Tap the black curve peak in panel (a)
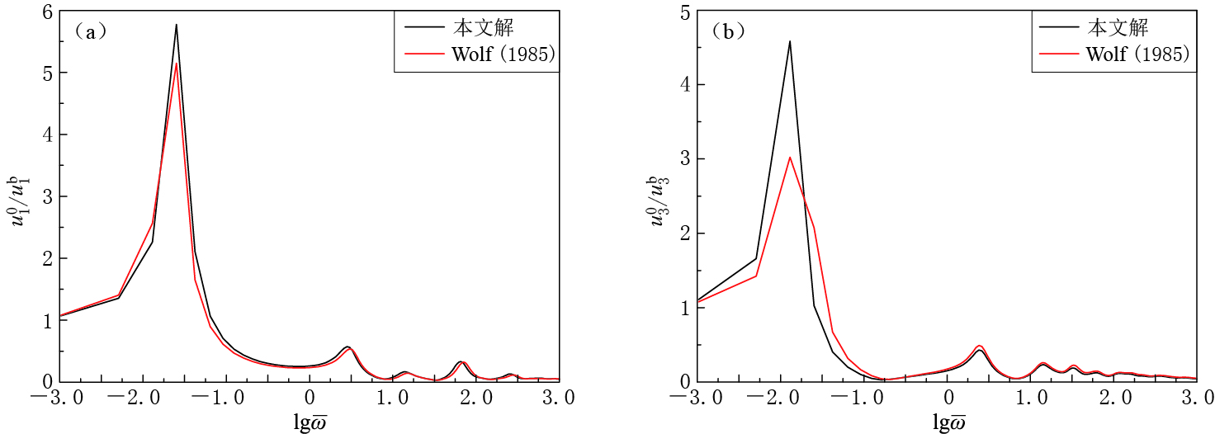pyautogui.click(x=176, y=25)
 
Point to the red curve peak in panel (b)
pyautogui.click(x=789, y=157)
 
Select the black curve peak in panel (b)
pyautogui.click(x=789, y=41)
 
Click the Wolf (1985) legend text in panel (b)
pyautogui.click(x=1137, y=54)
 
